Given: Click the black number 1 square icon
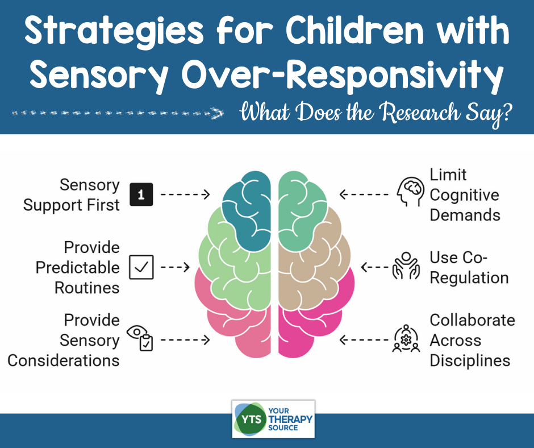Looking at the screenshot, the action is coord(141,194).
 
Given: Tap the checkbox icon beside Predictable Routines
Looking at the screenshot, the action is coord(141,267).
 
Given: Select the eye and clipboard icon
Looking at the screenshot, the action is coord(140,338).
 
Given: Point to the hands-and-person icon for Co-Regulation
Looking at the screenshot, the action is coord(406,266).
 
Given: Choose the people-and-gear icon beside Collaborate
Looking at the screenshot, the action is coord(406,338).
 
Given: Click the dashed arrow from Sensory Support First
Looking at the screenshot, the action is coord(185,194).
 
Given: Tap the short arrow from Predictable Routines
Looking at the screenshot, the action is coord(175,267).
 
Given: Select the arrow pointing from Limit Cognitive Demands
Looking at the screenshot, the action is coord(364,194).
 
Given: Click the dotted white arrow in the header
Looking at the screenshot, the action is coord(118,113).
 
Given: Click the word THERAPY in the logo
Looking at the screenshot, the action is coord(290,419).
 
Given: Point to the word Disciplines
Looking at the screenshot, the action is coord(470,360).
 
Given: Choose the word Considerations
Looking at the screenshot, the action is coord(64,360).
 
